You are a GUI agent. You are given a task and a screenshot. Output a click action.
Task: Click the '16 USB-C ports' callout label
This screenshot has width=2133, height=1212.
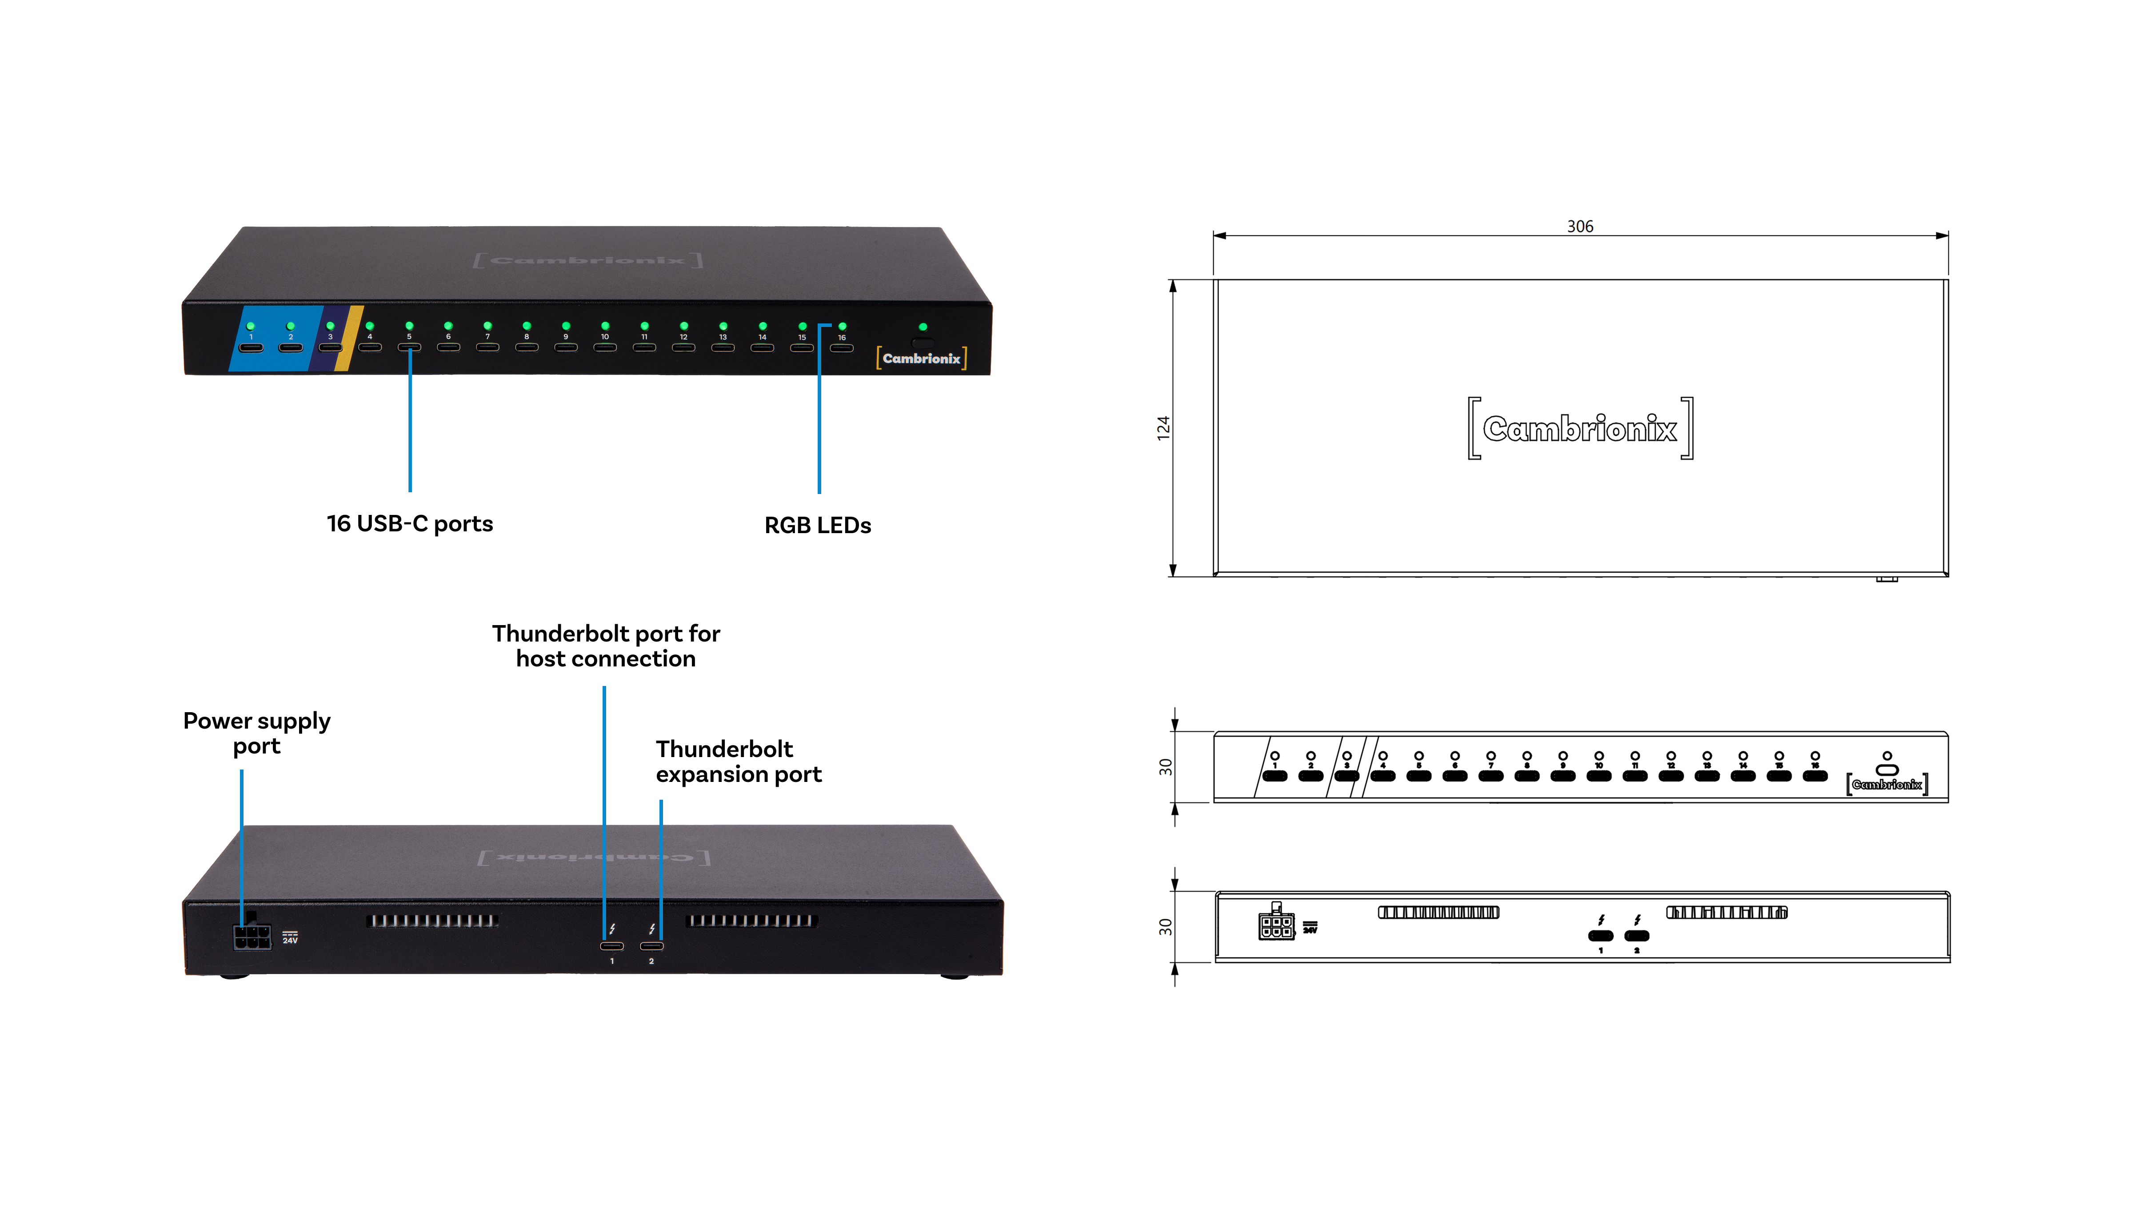point(410,524)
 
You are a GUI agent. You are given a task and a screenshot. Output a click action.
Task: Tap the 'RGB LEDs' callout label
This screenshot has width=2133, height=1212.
point(818,525)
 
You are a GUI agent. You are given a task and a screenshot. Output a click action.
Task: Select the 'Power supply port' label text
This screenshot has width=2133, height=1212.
point(256,733)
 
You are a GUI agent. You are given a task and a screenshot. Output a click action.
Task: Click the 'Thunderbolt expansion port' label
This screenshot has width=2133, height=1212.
point(738,761)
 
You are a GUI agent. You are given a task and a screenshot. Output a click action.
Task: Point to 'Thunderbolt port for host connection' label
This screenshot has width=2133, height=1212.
point(605,646)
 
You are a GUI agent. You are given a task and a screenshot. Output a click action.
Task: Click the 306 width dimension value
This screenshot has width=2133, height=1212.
point(1579,227)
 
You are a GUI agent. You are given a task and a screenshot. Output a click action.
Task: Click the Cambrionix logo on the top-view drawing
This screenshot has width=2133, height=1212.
point(1579,429)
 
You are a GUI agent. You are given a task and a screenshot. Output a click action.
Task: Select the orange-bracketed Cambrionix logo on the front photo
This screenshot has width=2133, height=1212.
point(921,358)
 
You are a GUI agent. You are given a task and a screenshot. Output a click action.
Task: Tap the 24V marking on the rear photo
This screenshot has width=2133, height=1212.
point(290,938)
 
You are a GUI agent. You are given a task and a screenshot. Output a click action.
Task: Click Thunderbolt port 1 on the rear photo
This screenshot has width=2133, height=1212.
point(612,945)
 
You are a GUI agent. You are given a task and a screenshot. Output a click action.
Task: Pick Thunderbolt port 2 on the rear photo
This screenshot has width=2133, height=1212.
point(651,945)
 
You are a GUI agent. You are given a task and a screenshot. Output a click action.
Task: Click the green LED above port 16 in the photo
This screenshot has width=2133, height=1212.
point(843,326)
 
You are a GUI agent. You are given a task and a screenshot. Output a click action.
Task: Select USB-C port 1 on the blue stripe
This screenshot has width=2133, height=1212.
point(251,347)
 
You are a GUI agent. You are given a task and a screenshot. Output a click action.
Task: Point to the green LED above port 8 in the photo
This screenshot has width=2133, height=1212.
point(526,326)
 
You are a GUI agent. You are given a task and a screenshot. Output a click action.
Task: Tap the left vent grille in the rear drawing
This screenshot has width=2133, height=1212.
point(1438,912)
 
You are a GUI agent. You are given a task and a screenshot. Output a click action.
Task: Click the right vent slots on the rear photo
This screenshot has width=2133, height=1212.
point(751,921)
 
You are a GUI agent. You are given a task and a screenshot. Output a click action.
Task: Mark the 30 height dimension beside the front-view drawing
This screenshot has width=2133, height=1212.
point(1165,767)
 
